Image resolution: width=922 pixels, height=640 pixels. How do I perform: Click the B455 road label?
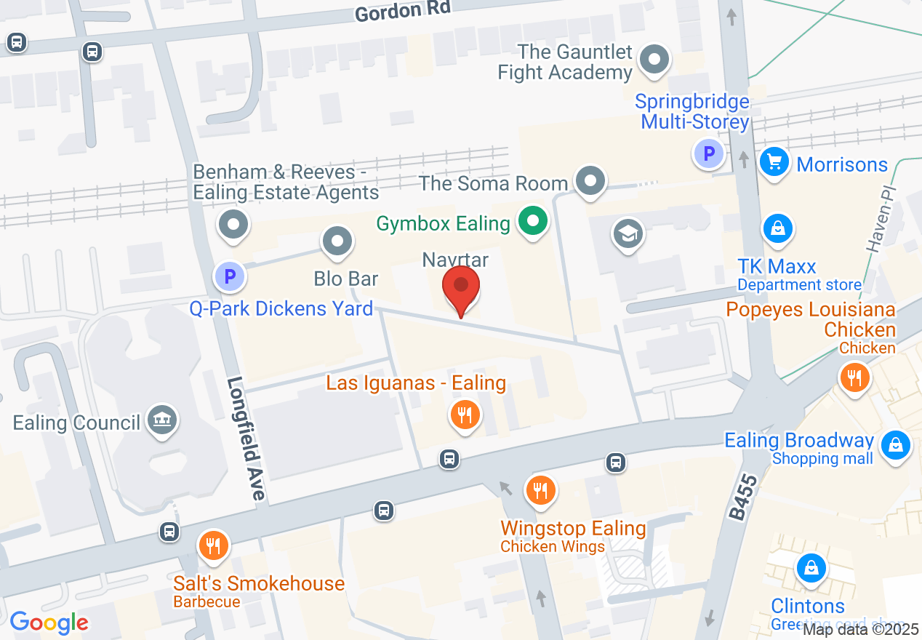[739, 498]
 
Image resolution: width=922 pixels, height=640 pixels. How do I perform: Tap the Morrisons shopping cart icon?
[774, 161]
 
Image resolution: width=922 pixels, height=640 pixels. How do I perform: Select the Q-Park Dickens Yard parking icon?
[230, 276]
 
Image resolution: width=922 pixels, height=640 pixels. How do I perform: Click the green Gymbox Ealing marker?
[533, 220]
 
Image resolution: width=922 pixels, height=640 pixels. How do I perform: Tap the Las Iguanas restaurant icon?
[465, 415]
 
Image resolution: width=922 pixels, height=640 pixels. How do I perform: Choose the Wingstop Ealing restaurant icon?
[540, 489]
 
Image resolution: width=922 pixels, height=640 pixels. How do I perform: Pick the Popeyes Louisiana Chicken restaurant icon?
[854, 377]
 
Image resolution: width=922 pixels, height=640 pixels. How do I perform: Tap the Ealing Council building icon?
[161, 420]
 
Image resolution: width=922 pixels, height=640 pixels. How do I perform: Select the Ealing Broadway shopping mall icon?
[895, 444]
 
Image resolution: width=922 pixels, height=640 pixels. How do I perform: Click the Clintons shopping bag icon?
[810, 567]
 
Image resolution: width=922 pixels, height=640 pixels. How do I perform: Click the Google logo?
[49, 623]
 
